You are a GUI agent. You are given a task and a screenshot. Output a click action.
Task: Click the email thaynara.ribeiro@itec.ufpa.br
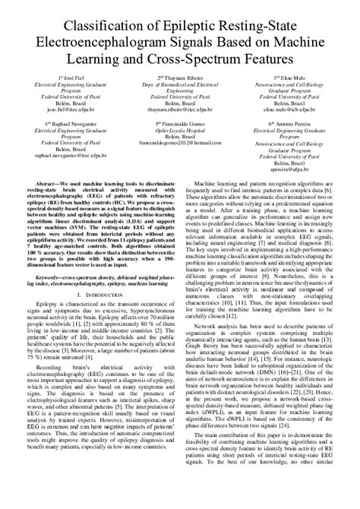180,109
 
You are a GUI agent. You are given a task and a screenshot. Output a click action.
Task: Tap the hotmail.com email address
180,141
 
